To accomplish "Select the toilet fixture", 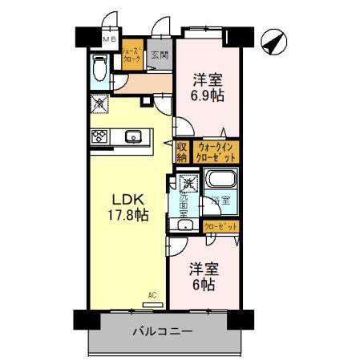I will point(100,70).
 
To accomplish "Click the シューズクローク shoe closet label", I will point(132,55).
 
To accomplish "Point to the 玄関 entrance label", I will point(160,55).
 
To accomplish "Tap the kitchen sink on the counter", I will point(134,135).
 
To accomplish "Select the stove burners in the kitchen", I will point(100,136).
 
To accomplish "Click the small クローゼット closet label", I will point(220,227).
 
